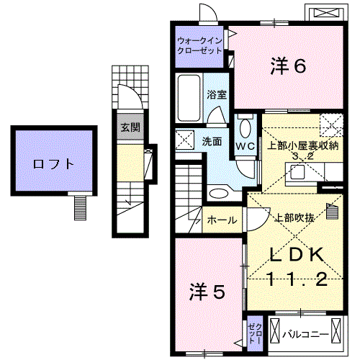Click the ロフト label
(x=53, y=163)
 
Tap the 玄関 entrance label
(x=130, y=128)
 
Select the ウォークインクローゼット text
(x=199, y=45)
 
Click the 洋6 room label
(x=289, y=66)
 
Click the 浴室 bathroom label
(x=217, y=95)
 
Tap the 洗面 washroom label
(x=211, y=141)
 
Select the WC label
(x=245, y=145)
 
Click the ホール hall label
(x=221, y=220)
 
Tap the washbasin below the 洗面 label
(x=218, y=192)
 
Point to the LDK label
(x=298, y=255)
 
